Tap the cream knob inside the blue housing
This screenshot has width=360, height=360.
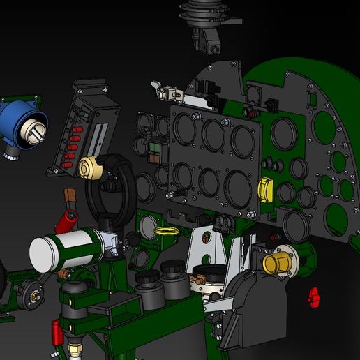pyautogui.click(x=35, y=128)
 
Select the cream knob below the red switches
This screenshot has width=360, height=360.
pyautogui.click(x=90, y=167)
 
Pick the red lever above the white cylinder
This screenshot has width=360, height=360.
pyautogui.click(x=65, y=222)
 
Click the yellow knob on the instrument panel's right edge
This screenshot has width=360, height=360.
pyautogui.click(x=266, y=190)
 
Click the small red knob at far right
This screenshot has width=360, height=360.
pyautogui.click(x=314, y=296)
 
